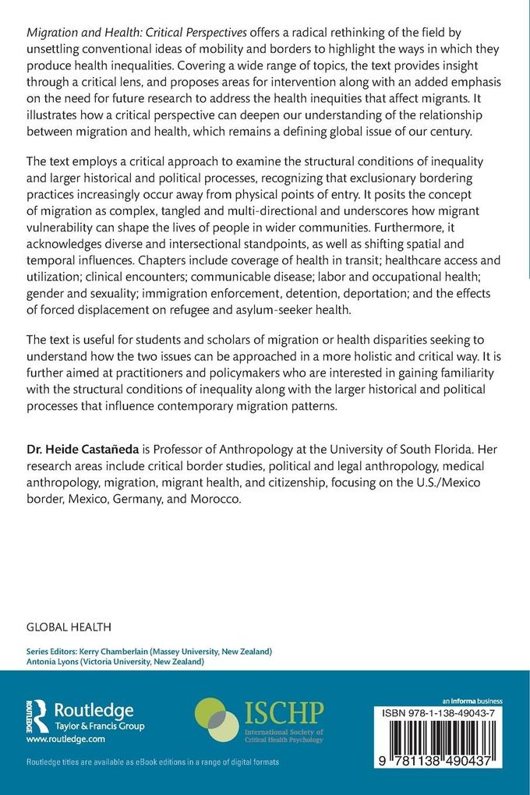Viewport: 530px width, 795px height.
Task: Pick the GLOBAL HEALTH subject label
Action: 69,626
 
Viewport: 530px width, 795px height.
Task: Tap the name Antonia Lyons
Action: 53,662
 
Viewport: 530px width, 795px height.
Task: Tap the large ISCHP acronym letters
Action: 284,711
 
